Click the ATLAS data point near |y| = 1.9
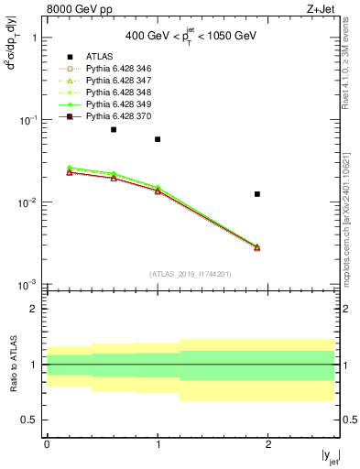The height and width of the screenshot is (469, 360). pos(257,194)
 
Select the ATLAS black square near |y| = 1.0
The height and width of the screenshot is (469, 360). pos(158,139)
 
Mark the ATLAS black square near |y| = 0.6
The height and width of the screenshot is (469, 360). pos(114,129)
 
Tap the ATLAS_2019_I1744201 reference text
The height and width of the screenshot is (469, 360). pos(191,273)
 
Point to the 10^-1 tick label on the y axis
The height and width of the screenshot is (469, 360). pos(27,121)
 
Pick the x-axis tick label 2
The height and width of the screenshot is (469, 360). pos(268,444)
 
